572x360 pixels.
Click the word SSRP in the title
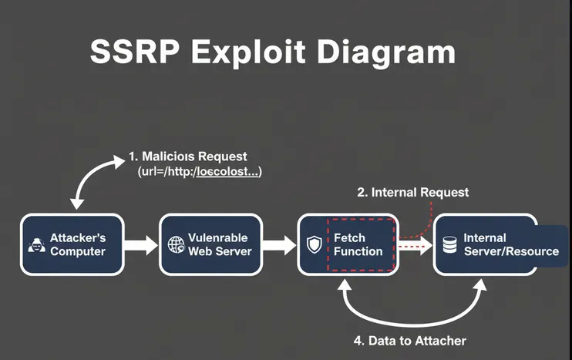click(135, 52)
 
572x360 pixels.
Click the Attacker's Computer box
click(72, 244)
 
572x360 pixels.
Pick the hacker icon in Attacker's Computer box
click(35, 245)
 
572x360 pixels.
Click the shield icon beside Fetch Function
click(314, 245)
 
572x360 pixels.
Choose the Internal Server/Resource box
click(497, 244)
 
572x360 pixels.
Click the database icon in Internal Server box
click(449, 245)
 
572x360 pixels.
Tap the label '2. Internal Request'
click(412, 192)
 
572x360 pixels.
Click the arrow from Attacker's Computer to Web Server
click(140, 245)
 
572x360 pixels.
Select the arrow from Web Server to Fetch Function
click(280, 245)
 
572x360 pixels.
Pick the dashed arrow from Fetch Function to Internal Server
click(415, 245)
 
